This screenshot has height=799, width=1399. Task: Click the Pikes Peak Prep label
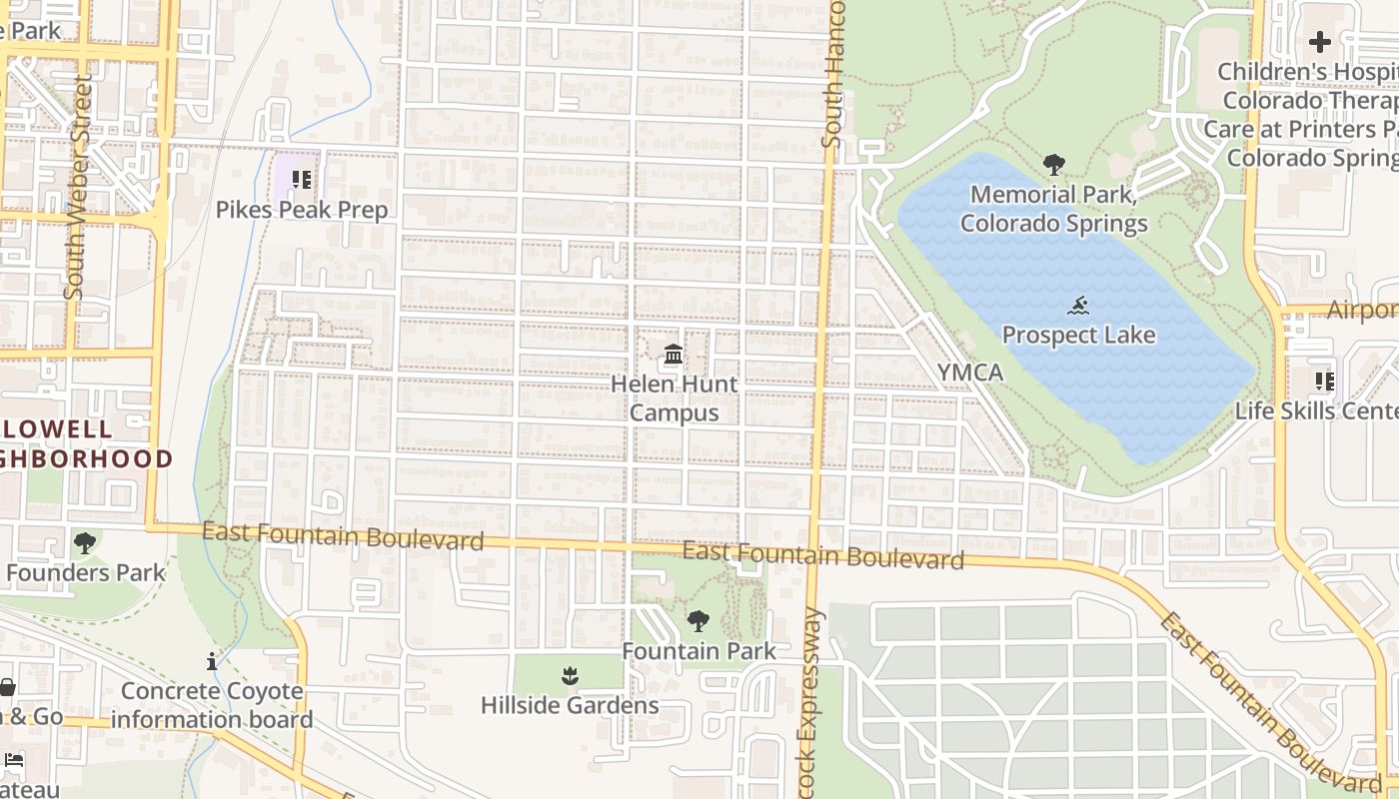[x=302, y=210]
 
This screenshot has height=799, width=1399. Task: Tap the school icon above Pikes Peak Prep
[x=302, y=181]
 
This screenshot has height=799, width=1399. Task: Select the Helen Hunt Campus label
[x=674, y=398]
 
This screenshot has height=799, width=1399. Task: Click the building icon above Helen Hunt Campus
[x=674, y=355]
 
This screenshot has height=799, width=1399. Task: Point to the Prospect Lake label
[x=1078, y=335]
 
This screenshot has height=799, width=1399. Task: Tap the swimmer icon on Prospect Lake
[x=1078, y=306]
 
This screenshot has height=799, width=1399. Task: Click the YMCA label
[x=969, y=373]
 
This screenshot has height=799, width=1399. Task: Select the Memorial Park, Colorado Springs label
[x=1053, y=208]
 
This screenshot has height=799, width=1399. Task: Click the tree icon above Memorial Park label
[x=1053, y=165]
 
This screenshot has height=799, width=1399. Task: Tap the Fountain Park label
[x=699, y=651]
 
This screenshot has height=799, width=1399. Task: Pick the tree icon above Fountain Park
[x=699, y=621]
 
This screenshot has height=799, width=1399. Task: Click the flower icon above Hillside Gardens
[x=570, y=676]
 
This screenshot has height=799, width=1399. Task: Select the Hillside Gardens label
[x=570, y=705]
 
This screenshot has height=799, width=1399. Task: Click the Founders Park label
[x=85, y=572]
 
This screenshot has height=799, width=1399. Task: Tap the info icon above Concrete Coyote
[x=212, y=661]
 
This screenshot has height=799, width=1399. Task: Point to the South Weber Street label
[x=77, y=186]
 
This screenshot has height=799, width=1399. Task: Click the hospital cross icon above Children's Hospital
[x=1320, y=42]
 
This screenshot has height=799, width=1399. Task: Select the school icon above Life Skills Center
[x=1325, y=382]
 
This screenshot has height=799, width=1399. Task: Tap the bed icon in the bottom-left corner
[x=13, y=760]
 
